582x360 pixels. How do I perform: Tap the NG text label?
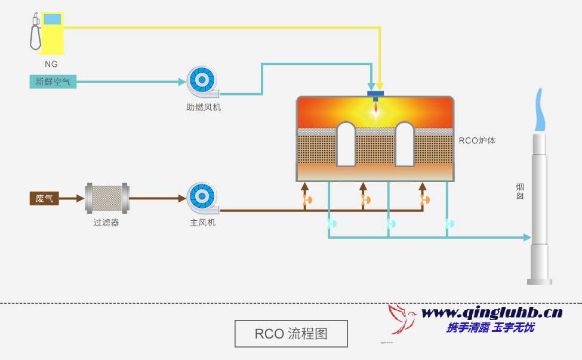coord(51,64)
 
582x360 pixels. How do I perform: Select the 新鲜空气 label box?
coord(53,82)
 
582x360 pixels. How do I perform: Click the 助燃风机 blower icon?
coord(202,81)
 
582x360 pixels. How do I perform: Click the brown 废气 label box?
coord(44,198)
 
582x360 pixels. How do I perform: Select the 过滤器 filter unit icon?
coord(107,198)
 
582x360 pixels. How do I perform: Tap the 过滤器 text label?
coord(106,223)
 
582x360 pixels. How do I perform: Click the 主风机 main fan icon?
coord(202,198)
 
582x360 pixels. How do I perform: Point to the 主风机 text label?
coord(202,223)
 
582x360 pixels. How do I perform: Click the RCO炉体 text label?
coord(477,141)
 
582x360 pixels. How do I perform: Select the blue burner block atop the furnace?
coord(375,94)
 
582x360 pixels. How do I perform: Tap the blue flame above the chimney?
coord(540,111)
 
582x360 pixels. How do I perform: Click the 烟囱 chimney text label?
coord(520,191)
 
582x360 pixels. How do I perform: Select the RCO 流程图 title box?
coord(291,334)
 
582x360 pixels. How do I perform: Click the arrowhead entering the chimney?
coord(527,238)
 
